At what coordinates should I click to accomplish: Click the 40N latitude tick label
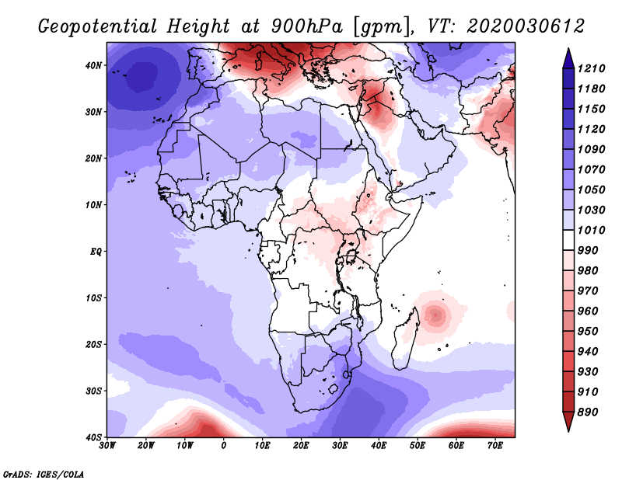(x=93, y=65)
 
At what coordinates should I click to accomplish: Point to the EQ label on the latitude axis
(x=96, y=252)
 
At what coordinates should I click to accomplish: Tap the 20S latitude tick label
(x=93, y=344)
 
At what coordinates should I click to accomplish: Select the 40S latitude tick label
(x=93, y=437)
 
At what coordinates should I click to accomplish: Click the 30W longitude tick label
(x=107, y=446)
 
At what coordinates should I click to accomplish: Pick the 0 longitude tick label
(x=224, y=446)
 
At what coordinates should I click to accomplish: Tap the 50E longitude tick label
(x=418, y=446)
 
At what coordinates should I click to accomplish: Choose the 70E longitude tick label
(x=495, y=446)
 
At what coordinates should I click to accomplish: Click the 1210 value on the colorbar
(x=591, y=68)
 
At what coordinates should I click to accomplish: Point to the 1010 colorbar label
(x=591, y=230)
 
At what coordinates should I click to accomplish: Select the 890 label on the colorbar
(x=588, y=412)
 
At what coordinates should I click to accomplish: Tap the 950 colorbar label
(x=588, y=332)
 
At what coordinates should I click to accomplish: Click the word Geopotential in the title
(x=98, y=26)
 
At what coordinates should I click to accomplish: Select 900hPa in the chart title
(x=306, y=26)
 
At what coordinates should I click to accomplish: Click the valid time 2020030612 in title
(x=526, y=26)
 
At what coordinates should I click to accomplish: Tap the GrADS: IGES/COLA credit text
(x=44, y=475)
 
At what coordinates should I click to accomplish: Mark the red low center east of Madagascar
(x=435, y=315)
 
